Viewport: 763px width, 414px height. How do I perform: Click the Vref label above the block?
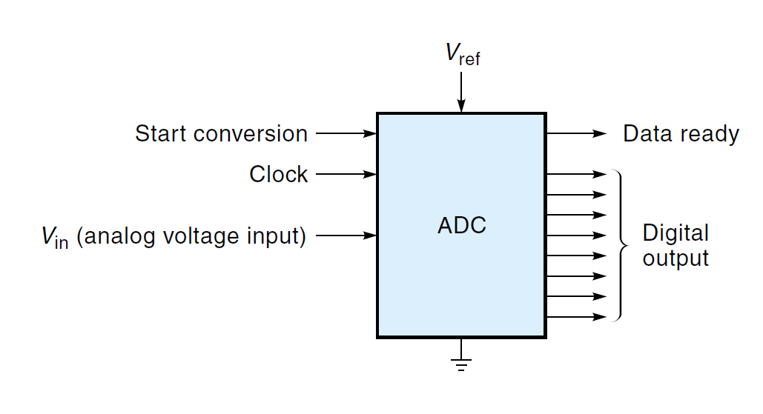click(x=461, y=55)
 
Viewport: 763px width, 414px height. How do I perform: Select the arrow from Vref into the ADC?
click(x=461, y=93)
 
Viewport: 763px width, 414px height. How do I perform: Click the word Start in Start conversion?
click(x=161, y=134)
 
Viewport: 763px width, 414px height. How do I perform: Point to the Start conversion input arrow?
click(x=346, y=134)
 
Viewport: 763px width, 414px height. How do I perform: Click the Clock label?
click(x=278, y=175)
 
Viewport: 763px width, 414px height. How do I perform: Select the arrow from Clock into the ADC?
click(x=346, y=175)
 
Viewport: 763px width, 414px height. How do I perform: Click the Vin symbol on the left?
click(x=55, y=237)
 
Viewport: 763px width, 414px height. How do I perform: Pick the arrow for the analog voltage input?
click(x=346, y=236)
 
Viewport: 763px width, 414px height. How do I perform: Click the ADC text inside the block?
click(x=461, y=225)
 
